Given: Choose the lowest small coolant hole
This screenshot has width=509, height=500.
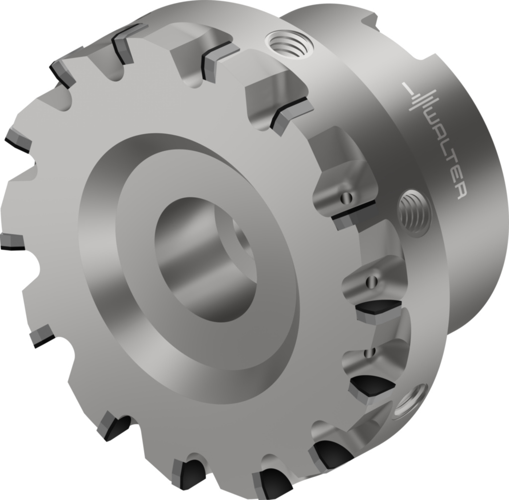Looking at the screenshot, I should (368, 352).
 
